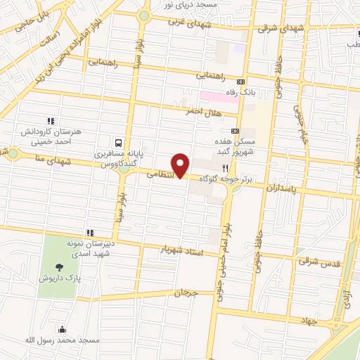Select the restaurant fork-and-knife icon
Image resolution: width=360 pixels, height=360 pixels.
click(225, 168)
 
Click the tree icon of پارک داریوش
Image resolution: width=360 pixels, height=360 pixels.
click(58, 267)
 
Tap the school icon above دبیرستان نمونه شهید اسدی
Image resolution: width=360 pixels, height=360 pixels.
click(90, 233)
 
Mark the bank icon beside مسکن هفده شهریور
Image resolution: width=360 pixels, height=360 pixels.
click(235, 131)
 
